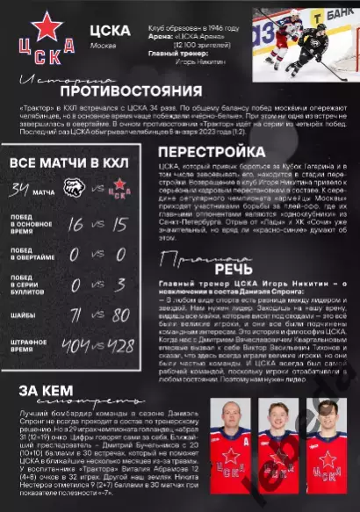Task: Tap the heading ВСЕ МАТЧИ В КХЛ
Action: pyautogui.click(x=69, y=164)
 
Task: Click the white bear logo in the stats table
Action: pyautogui.click(x=76, y=189)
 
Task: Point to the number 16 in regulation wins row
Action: pyautogui.click(x=76, y=225)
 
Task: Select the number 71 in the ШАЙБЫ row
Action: pyautogui.click(x=76, y=314)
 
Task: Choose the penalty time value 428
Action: pyautogui.click(x=122, y=345)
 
